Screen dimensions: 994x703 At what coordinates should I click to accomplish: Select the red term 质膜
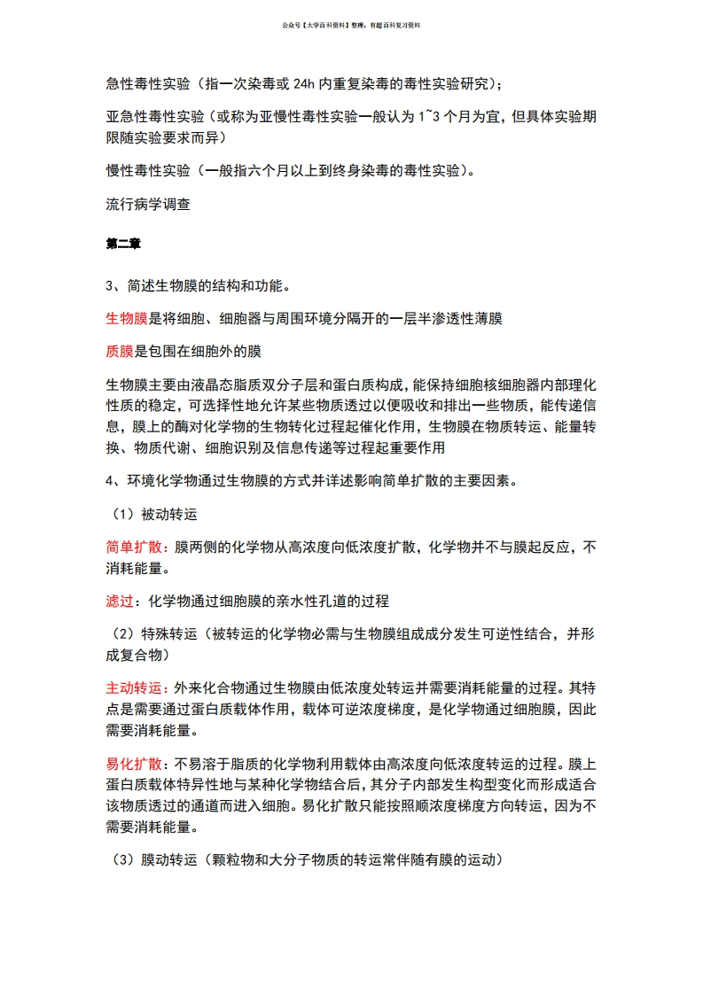point(119,351)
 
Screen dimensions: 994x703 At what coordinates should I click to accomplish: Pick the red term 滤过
point(119,602)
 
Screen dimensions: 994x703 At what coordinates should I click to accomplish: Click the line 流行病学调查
point(148,203)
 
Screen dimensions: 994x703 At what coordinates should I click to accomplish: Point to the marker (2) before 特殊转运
point(122,635)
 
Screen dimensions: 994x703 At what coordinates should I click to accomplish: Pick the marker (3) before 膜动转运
point(122,859)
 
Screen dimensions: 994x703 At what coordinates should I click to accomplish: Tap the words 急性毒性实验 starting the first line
point(148,85)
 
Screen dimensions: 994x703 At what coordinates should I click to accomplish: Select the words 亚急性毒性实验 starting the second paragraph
point(155,118)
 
